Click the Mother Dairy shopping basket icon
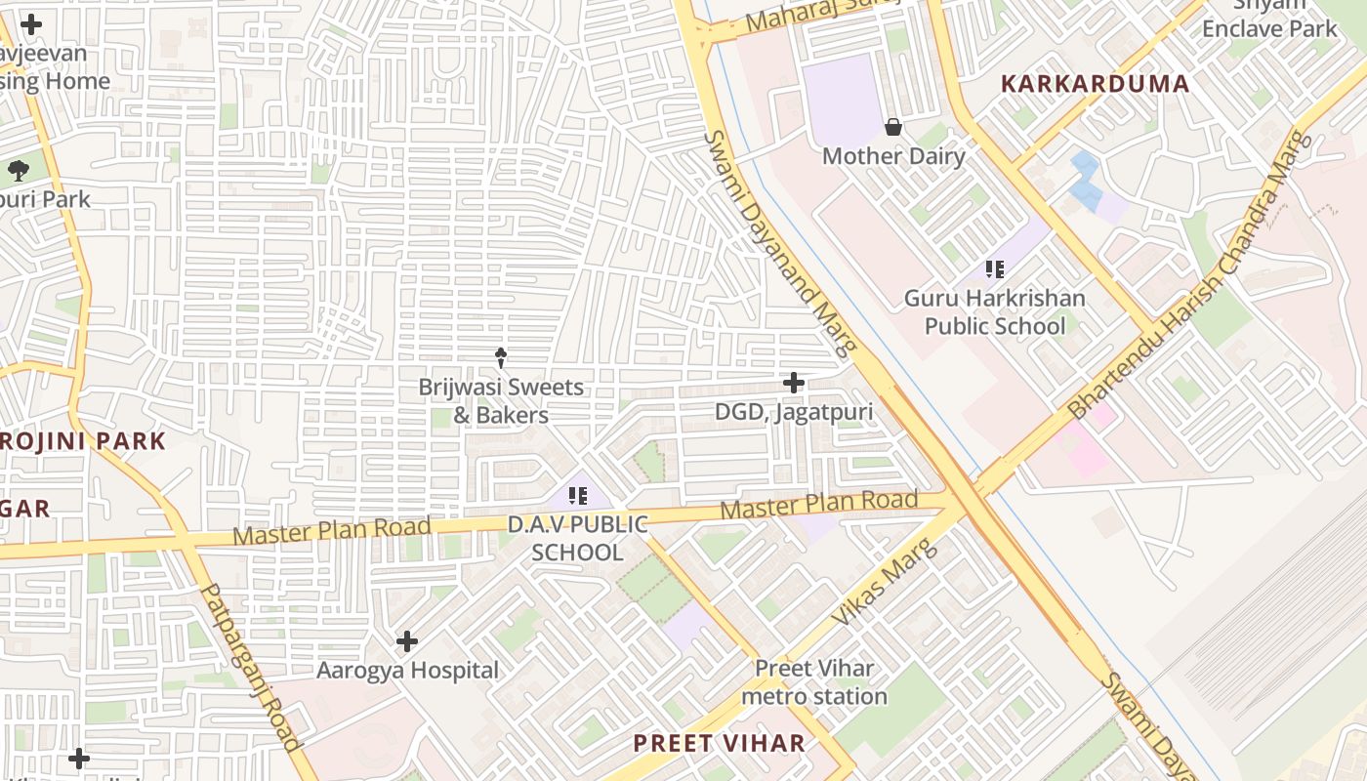892,127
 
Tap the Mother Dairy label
893,156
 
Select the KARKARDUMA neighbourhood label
1096,84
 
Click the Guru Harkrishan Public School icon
995,269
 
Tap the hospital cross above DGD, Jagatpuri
794,382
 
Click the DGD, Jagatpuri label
794,412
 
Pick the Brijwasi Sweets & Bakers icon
501,357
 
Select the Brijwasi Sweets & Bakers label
501,401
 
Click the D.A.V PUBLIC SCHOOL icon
577,496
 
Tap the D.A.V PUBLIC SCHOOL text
577,538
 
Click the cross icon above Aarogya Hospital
407,641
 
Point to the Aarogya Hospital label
407,671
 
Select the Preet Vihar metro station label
814,682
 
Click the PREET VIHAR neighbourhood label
720,743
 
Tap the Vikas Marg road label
884,582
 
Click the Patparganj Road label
250,668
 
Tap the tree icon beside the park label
18,171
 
